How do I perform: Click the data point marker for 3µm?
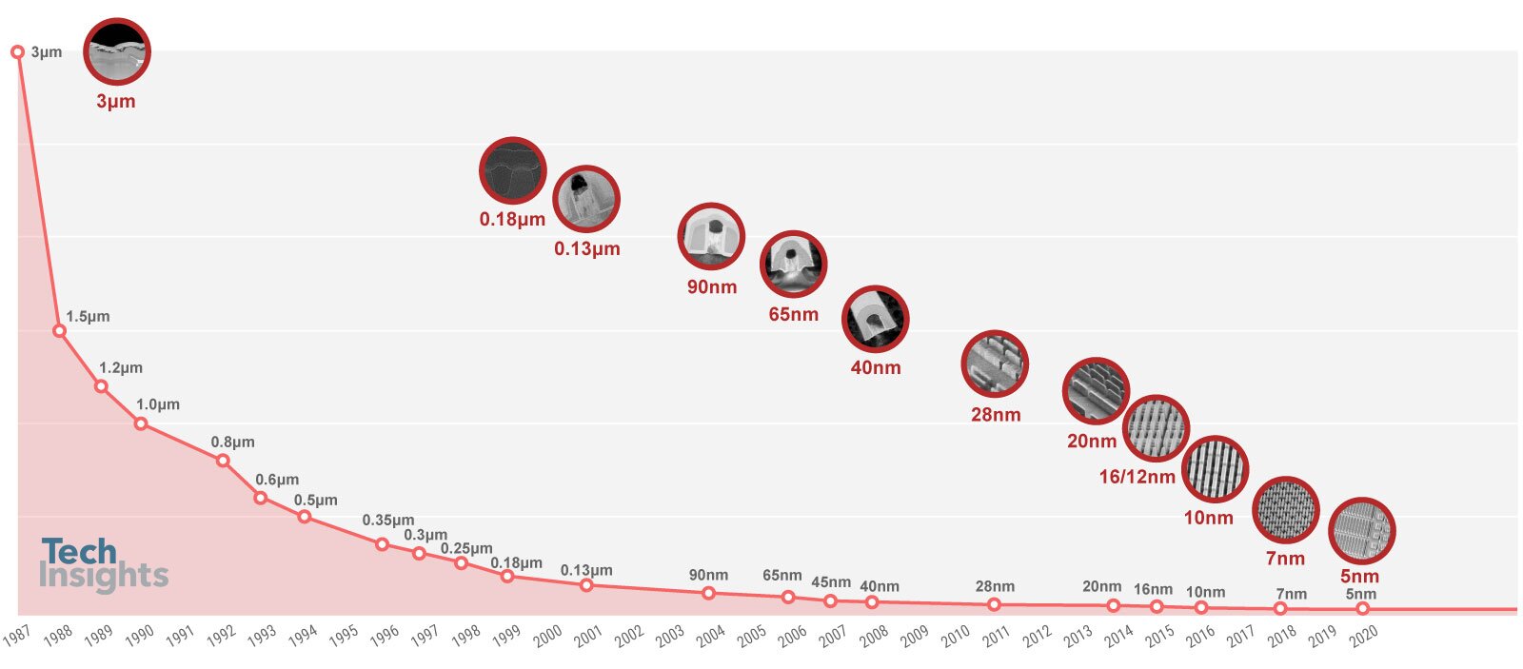coord(17,51)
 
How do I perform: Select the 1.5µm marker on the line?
coord(59,331)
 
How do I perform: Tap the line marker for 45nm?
coord(830,600)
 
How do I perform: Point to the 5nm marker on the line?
coord(1362,608)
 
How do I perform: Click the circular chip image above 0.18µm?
coord(512,170)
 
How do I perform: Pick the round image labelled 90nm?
coord(711,236)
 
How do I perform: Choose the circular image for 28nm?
coord(995,364)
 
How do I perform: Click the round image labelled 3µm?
coord(117,51)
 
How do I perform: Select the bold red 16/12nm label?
coord(1137,477)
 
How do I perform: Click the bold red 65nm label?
coord(793,314)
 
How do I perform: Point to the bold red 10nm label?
coord(1208,518)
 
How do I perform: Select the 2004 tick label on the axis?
coord(711,636)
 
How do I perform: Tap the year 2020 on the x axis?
coord(1364,636)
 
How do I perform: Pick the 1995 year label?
coord(345,636)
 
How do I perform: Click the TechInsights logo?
coord(104,564)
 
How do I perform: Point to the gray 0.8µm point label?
coord(232,442)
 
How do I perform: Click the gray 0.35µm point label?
coord(387,521)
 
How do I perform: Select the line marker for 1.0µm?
coord(141,423)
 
